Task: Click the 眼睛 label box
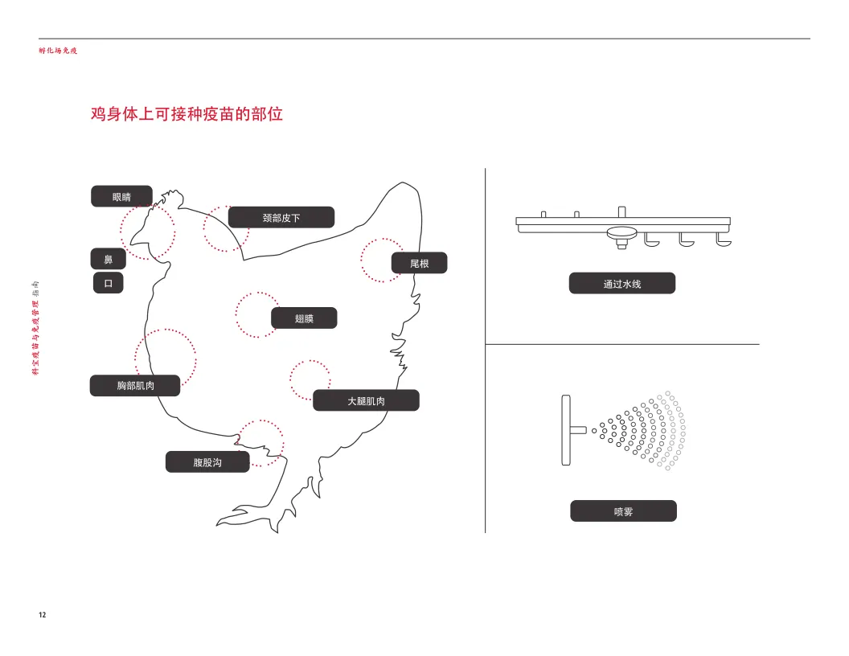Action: tap(121, 196)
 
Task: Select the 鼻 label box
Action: tap(108, 259)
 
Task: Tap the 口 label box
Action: tap(108, 283)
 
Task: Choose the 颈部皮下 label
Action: tap(281, 217)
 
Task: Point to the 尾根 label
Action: tap(419, 263)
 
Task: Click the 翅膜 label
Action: tap(304, 318)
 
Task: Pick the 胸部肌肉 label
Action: tap(135, 386)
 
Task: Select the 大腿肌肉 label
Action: tap(366, 400)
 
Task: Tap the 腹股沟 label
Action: tap(207, 462)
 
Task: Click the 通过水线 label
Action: tap(621, 283)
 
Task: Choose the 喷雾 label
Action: tap(623, 510)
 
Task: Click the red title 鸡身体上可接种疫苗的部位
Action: tap(187, 114)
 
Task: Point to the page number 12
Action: tap(43, 615)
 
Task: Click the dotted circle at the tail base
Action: tap(382, 260)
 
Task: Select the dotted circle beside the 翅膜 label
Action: tap(256, 314)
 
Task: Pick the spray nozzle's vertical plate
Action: tap(565, 430)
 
